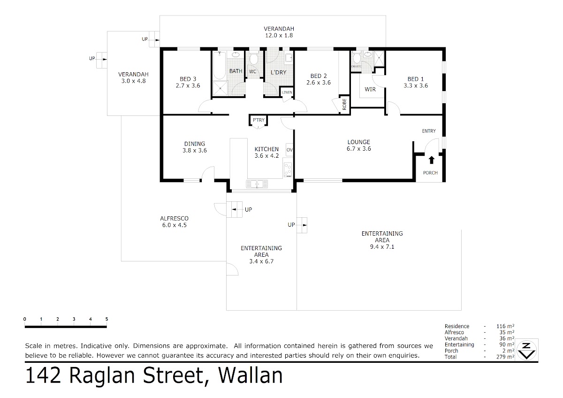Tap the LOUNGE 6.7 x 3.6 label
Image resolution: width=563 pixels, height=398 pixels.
(358, 145)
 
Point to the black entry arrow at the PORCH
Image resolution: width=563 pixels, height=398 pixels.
(432, 160)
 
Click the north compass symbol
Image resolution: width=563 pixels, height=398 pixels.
(526, 350)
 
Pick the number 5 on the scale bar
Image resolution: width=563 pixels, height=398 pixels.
(107, 319)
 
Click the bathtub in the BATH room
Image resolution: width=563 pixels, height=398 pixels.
(220, 65)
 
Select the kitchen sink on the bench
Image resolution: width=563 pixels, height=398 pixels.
(257, 184)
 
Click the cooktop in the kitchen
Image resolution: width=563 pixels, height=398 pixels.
(288, 169)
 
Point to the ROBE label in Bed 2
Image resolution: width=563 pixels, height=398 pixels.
(344, 104)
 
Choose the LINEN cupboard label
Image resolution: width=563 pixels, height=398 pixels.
(287, 92)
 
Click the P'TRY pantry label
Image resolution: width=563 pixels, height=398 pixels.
(259, 120)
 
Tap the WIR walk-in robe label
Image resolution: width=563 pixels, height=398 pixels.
(370, 89)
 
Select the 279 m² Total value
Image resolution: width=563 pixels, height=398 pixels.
(505, 357)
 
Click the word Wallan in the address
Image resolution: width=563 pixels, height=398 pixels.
(251, 376)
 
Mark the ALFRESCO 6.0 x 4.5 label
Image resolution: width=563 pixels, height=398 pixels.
(174, 222)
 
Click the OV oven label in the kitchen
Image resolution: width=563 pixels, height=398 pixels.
(289, 150)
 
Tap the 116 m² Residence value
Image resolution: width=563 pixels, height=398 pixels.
(505, 326)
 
